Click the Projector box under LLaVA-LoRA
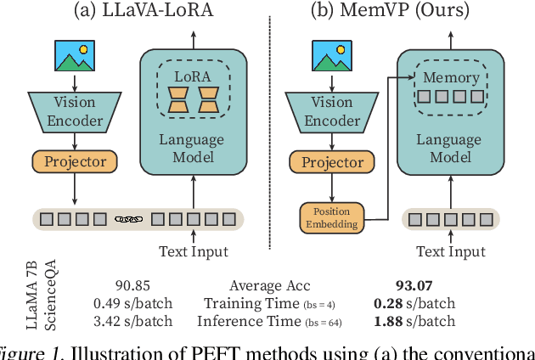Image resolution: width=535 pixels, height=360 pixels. [75, 161]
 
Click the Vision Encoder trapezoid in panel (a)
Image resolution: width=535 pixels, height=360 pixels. [75, 111]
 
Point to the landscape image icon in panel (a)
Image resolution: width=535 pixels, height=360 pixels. [75, 55]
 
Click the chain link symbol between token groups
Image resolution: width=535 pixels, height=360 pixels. [129, 220]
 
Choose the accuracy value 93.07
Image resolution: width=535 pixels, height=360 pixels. [414, 287]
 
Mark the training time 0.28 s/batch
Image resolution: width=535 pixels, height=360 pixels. [414, 304]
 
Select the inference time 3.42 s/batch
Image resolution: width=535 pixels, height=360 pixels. [133, 321]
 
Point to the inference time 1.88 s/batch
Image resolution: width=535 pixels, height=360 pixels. [414, 321]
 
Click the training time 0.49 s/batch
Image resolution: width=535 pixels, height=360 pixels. [133, 304]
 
